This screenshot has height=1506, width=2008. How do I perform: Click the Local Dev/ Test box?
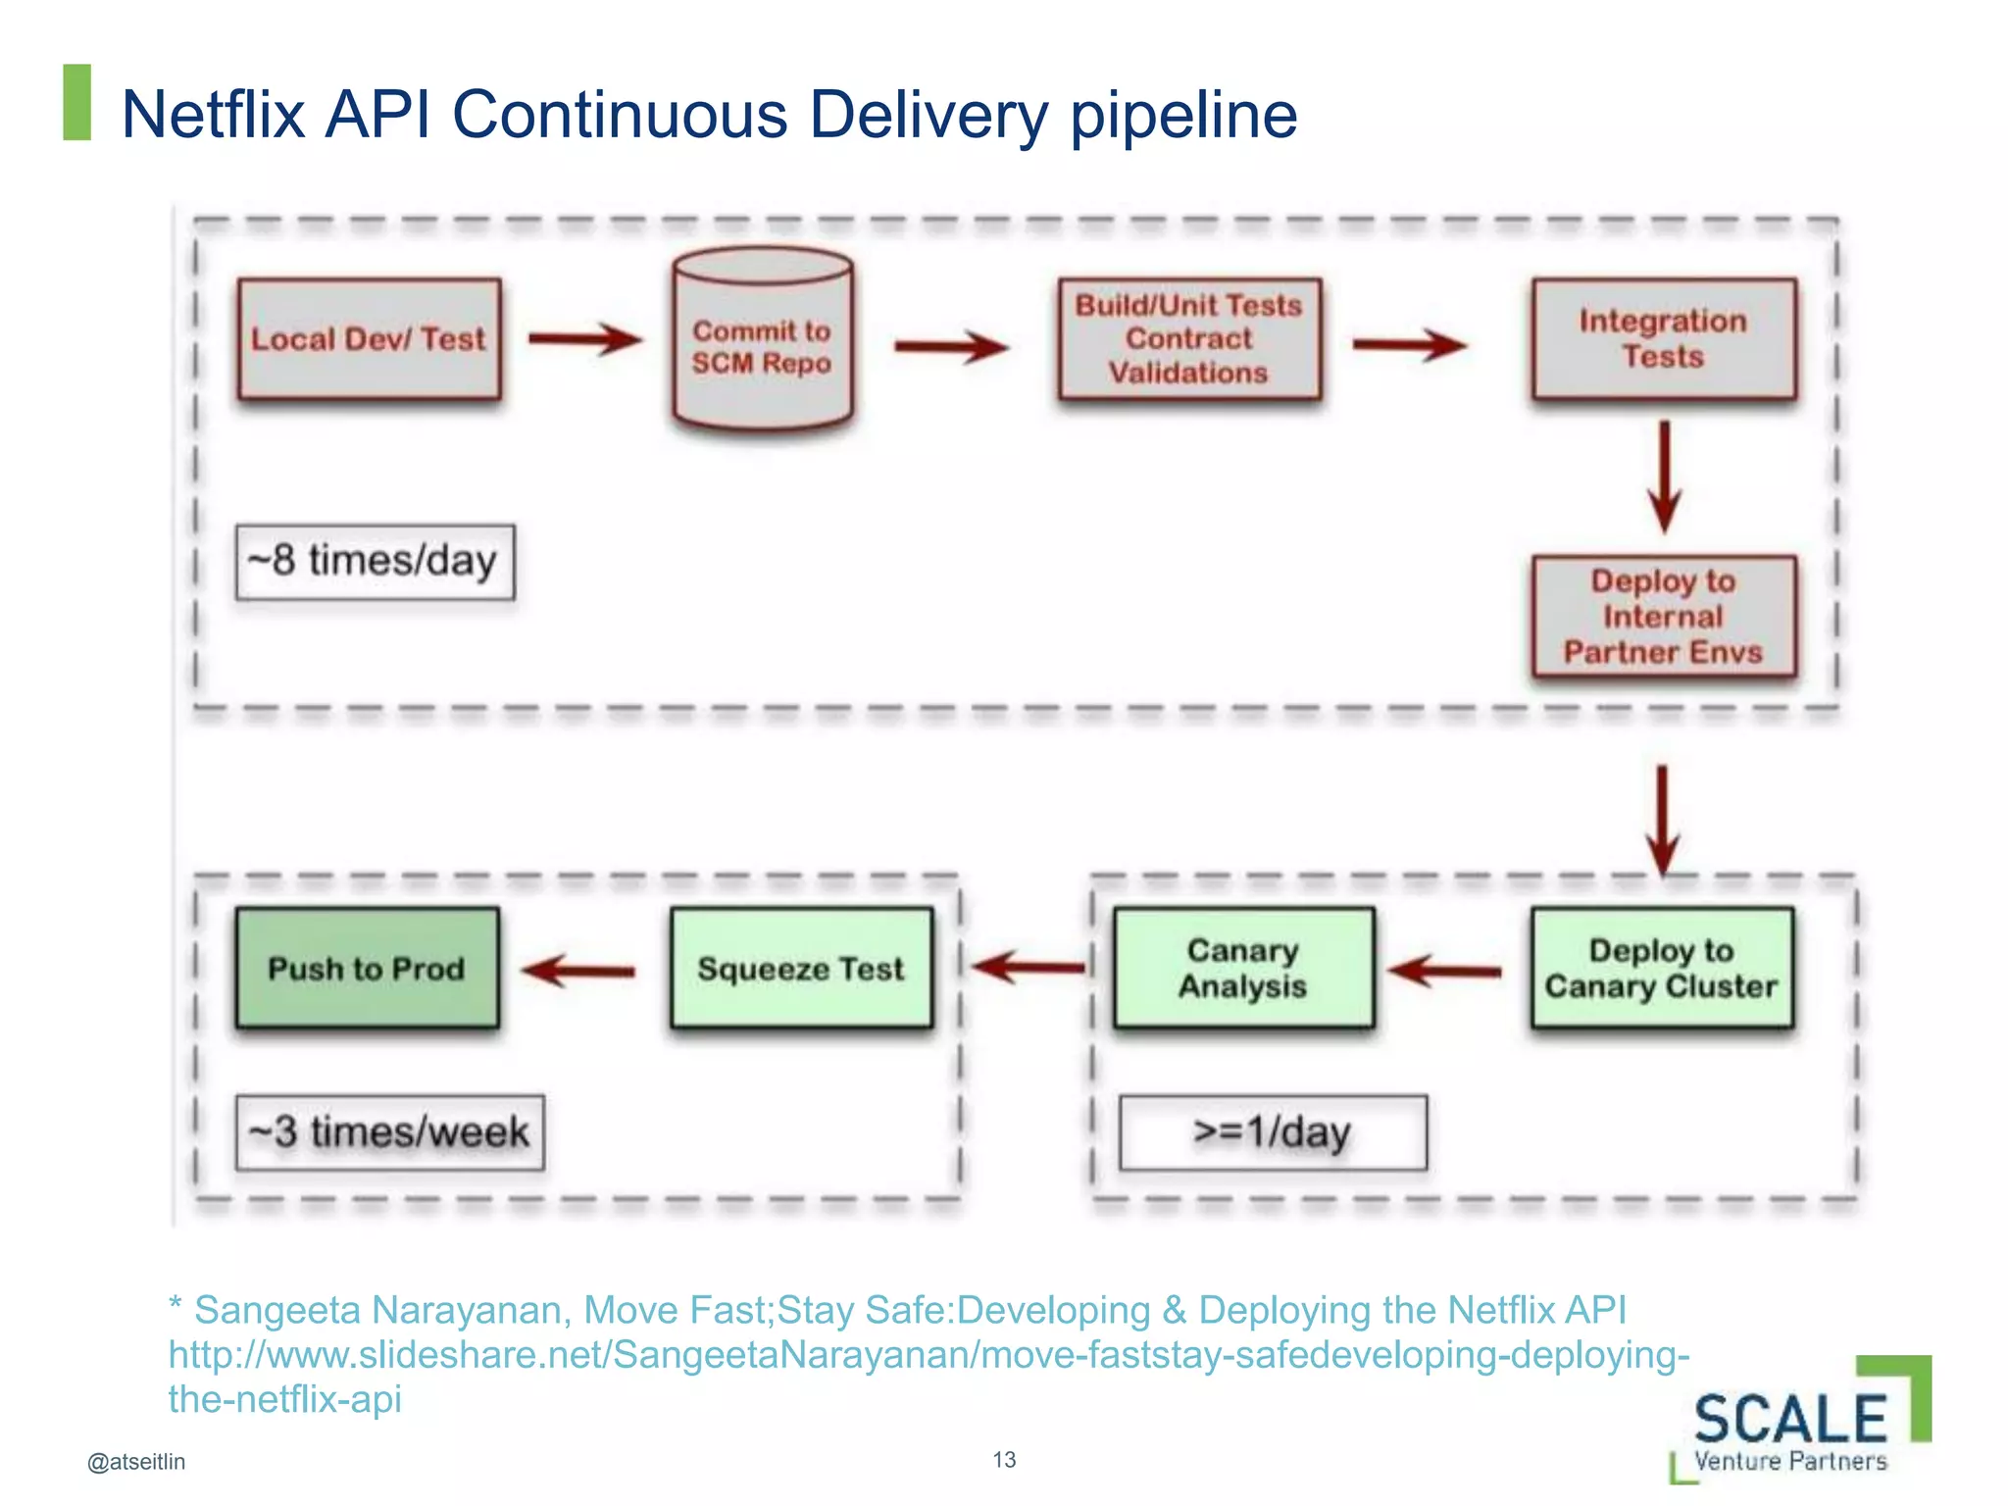pyautogui.click(x=369, y=339)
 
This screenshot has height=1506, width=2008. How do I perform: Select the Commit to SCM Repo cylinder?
pyautogui.click(x=762, y=343)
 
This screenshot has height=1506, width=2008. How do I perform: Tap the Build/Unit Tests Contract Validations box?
pyautogui.click(x=1188, y=339)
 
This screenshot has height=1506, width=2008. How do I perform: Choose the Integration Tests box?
pyautogui.click(x=1663, y=339)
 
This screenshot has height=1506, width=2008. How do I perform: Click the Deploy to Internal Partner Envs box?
pyautogui.click(x=1663, y=617)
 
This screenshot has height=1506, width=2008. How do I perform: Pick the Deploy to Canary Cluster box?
pyautogui.click(x=1661, y=968)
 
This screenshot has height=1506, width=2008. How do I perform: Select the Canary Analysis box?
pyautogui.click(x=1243, y=968)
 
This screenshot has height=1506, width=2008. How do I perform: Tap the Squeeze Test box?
pyautogui.click(x=801, y=968)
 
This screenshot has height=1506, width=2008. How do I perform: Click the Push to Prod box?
pyautogui.click(x=367, y=968)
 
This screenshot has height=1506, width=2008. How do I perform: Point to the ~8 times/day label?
pyautogui.click(x=375, y=562)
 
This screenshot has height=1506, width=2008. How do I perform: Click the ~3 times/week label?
pyautogui.click(x=389, y=1132)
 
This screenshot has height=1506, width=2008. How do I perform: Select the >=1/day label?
pyautogui.click(x=1273, y=1132)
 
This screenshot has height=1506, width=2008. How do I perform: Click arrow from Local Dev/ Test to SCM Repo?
pyautogui.click(x=585, y=339)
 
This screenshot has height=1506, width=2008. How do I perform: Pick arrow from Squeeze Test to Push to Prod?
pyautogui.click(x=579, y=971)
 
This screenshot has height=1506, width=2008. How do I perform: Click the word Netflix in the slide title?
pyautogui.click(x=213, y=115)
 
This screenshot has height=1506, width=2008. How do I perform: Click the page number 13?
pyautogui.click(x=1004, y=1459)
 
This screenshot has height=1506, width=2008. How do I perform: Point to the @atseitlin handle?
pyautogui.click(x=136, y=1461)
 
